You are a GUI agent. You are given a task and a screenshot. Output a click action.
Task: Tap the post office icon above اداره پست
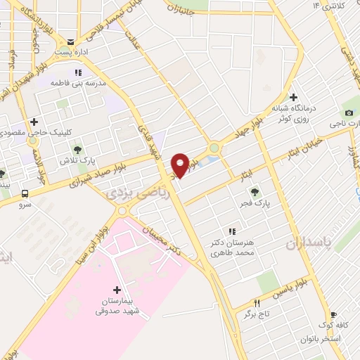tap(70, 42)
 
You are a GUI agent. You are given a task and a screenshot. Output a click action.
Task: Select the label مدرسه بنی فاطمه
tap(77, 83)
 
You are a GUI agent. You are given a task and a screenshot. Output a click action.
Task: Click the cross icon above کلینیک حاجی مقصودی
tap(33, 122)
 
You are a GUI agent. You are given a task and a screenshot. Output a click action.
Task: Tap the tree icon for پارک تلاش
tap(78, 149)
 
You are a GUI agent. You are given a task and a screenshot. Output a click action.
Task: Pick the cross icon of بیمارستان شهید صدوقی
tap(117, 290)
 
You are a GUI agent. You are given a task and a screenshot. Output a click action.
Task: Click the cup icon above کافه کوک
tap(333, 316)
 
